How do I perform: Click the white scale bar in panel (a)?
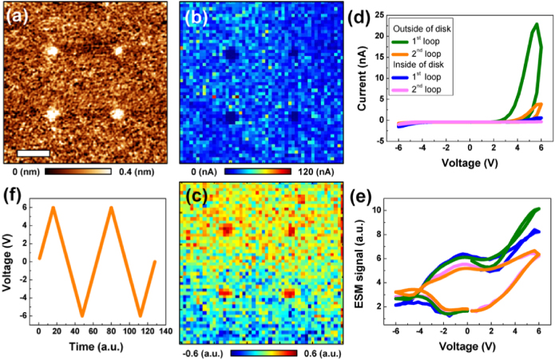(x=34, y=152)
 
